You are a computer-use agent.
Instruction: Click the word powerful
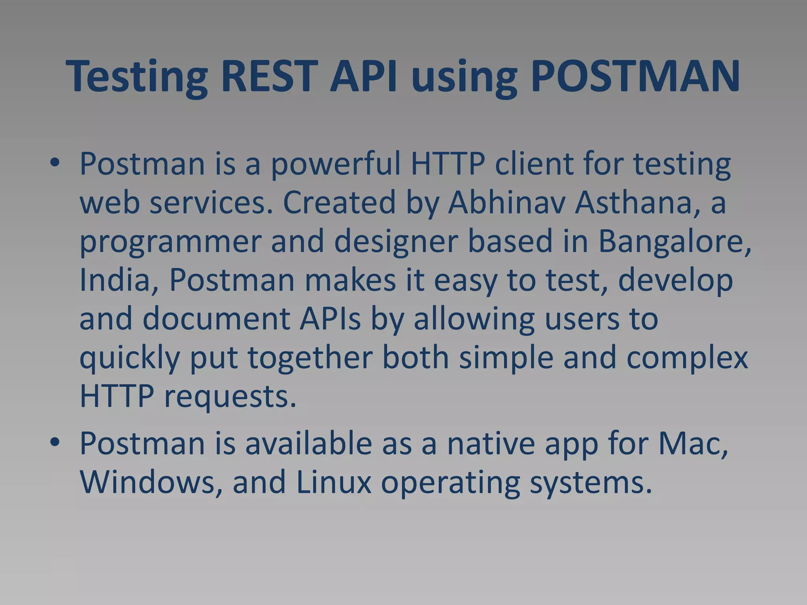coord(335,165)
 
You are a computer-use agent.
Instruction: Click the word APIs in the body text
coord(330,318)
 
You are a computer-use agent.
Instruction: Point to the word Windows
coord(152,482)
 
